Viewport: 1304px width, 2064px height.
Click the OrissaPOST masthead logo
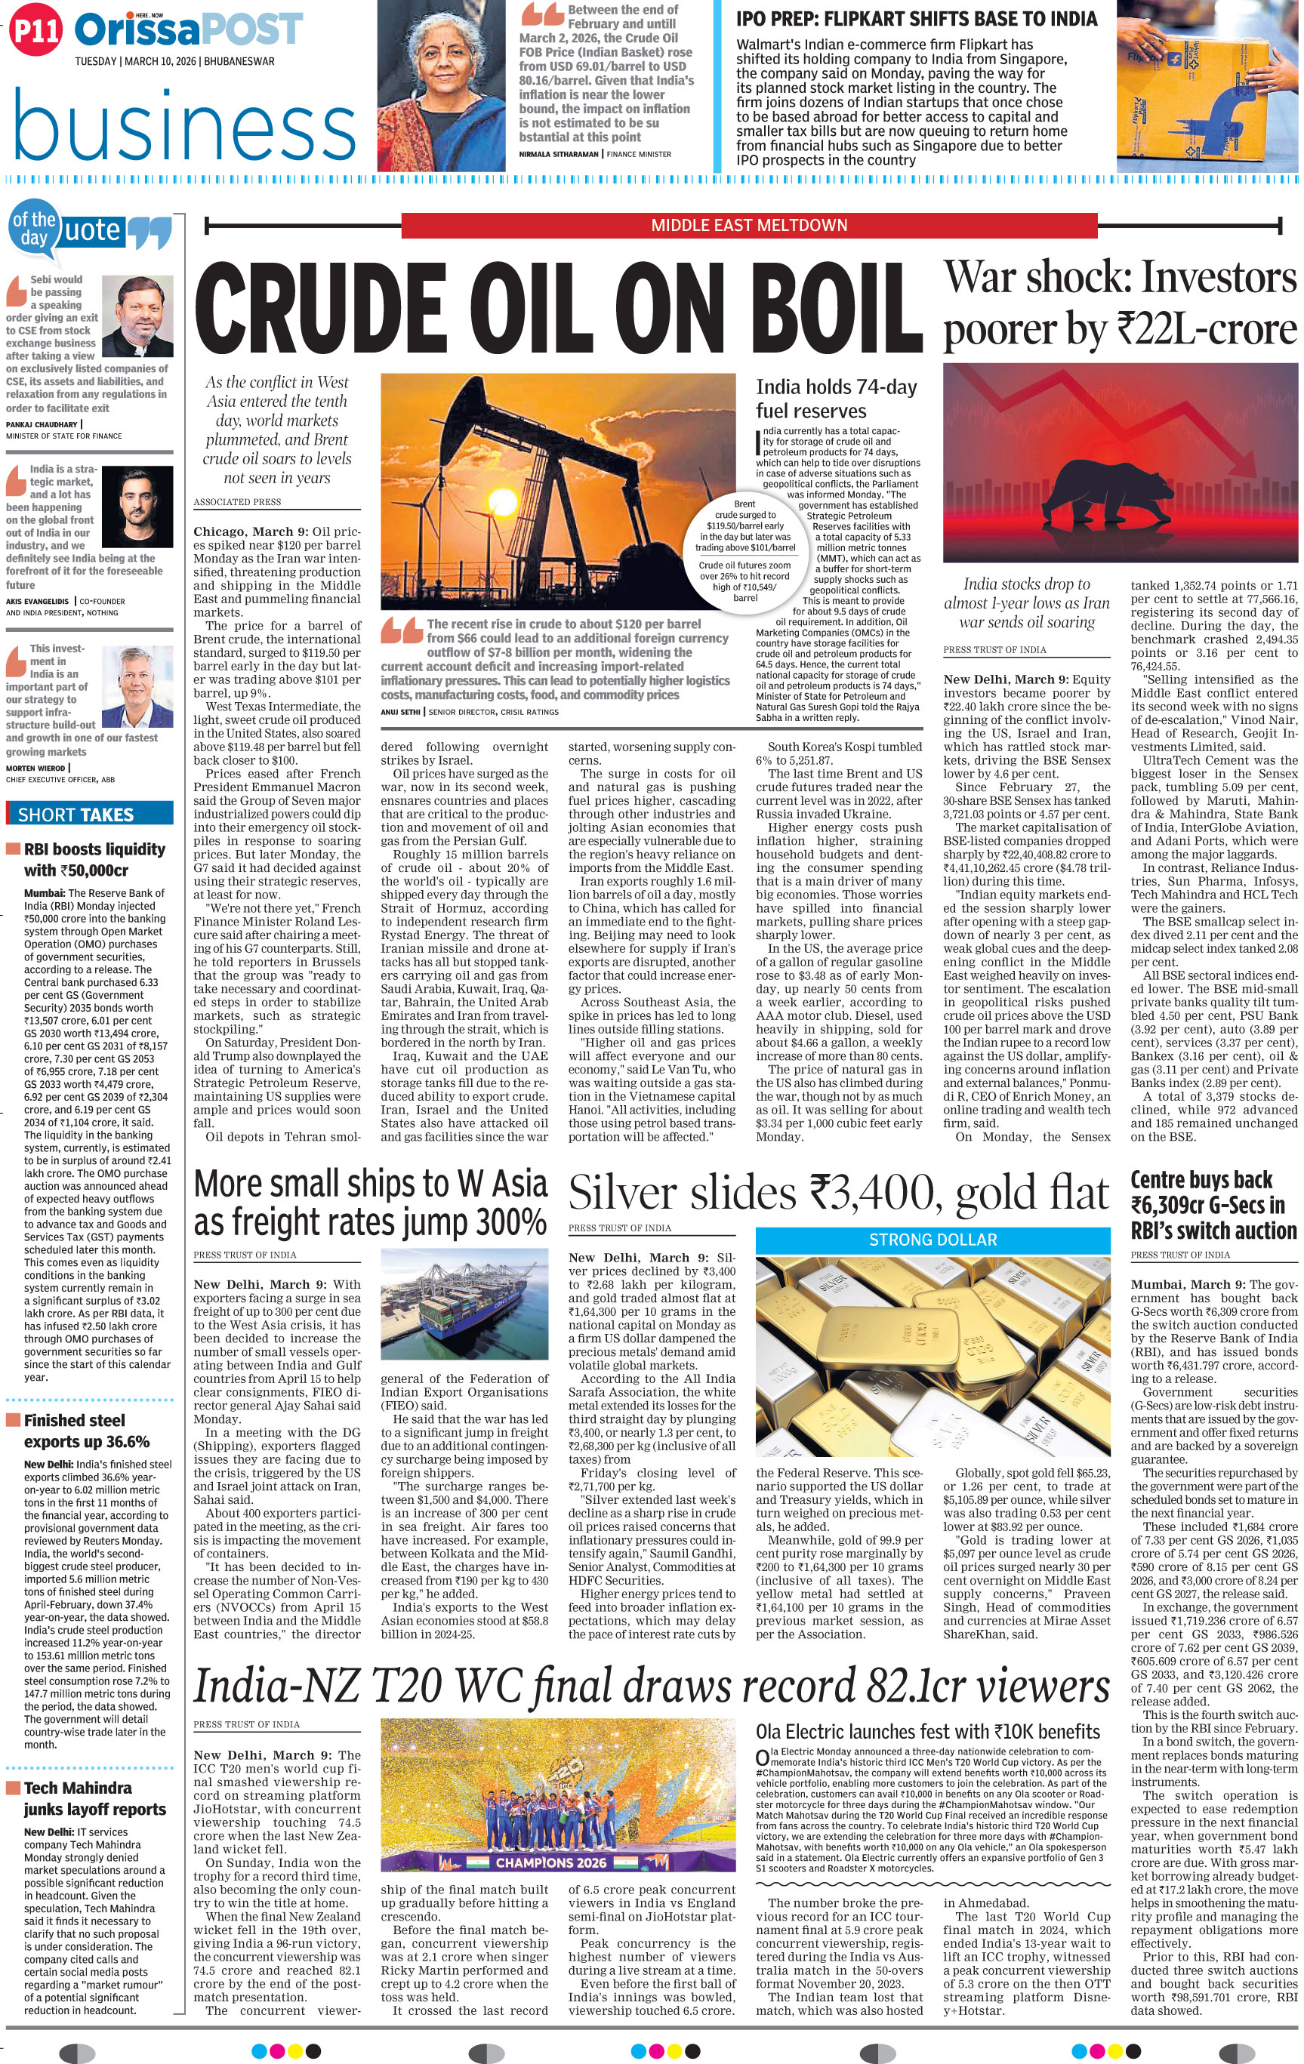click(x=189, y=31)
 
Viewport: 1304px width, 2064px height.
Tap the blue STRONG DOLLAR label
click(x=933, y=1240)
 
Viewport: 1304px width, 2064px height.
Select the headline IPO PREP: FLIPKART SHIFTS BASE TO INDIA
click(x=917, y=19)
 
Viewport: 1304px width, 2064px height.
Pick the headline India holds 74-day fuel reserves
click(x=836, y=399)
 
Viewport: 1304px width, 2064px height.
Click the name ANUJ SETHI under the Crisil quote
click(x=401, y=711)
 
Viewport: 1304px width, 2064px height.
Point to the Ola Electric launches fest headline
click(x=928, y=1730)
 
